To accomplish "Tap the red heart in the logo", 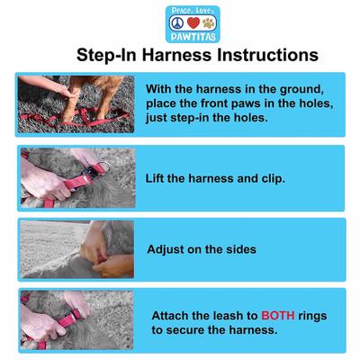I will (180, 22).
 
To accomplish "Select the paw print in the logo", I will (198, 22).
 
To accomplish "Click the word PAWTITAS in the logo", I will (180, 37).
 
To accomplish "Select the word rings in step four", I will (327, 317).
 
